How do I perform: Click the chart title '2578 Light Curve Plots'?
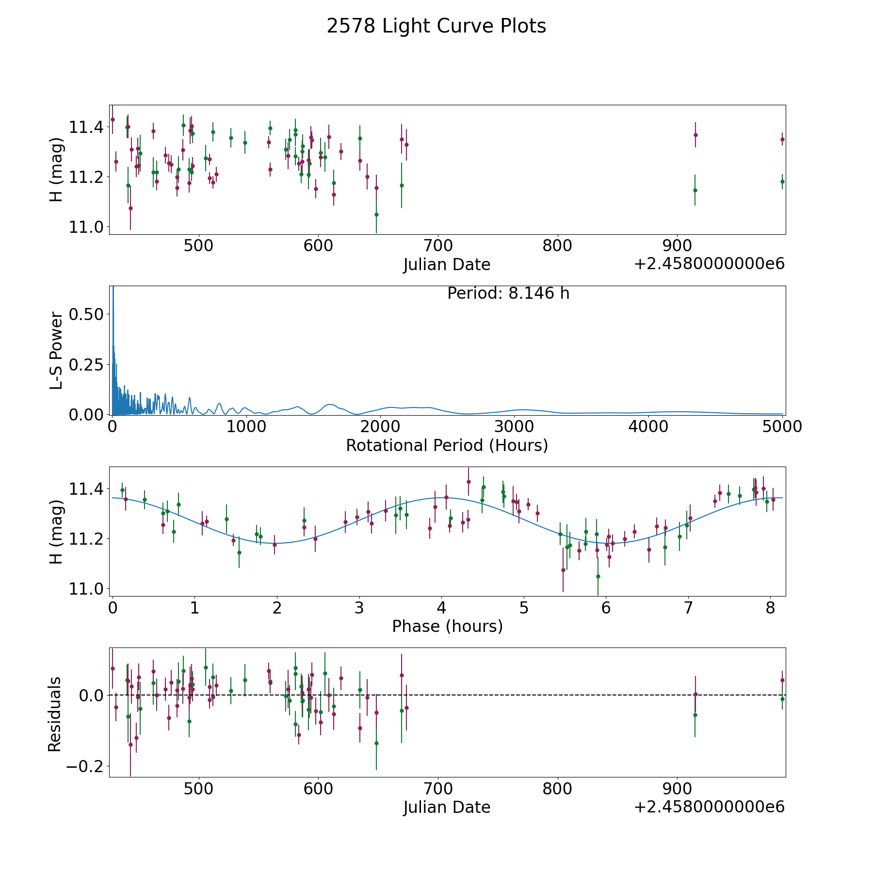pos(436,26)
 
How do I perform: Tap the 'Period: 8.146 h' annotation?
pos(508,293)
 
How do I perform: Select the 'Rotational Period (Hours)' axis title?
pos(447,445)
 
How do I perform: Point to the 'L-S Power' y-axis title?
pos(56,351)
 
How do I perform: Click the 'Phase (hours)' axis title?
pos(447,626)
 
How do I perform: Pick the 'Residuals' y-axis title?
pos(55,714)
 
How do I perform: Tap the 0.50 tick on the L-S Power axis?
pos(86,314)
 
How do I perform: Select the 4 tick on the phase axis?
pos(441,608)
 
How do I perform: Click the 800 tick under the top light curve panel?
pos(557,246)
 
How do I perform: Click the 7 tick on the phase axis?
pos(688,608)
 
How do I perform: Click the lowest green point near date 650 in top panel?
pos(376,214)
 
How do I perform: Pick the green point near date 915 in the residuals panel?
pos(695,715)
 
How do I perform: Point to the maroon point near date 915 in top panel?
pos(695,135)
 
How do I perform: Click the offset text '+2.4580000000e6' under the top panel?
pos(709,264)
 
